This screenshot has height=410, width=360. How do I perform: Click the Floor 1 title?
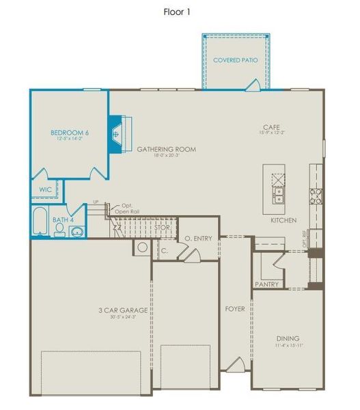pyautogui.click(x=176, y=12)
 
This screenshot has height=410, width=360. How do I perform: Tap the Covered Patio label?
pyautogui.click(x=236, y=60)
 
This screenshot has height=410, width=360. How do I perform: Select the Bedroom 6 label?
pyautogui.click(x=70, y=132)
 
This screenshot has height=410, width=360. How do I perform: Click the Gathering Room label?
pyautogui.click(x=166, y=149)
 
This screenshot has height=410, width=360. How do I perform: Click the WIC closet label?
pyautogui.click(x=45, y=189)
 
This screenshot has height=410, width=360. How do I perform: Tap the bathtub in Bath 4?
pyautogui.click(x=40, y=222)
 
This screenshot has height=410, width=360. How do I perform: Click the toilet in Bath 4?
pyautogui.click(x=60, y=230)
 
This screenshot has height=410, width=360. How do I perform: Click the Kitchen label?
pyautogui.click(x=282, y=220)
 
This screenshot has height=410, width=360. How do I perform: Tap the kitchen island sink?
pyautogui.click(x=279, y=196)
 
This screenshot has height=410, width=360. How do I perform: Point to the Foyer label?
pyautogui.click(x=234, y=309)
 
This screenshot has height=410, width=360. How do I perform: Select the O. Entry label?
pyautogui.click(x=198, y=238)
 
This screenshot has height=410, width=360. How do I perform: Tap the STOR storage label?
pyautogui.click(x=161, y=227)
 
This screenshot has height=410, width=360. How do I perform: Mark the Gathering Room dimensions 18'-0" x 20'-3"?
pyautogui.click(x=166, y=156)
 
